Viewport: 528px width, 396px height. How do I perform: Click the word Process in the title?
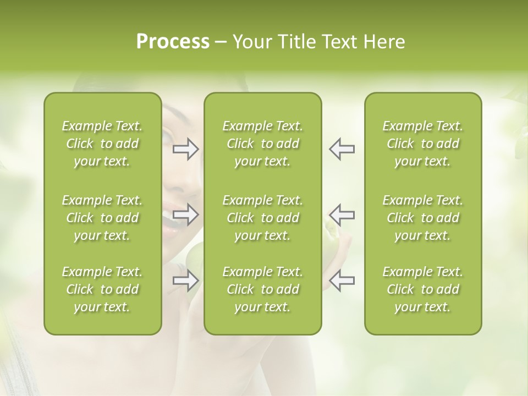(x=173, y=42)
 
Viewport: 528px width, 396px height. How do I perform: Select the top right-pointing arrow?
(x=185, y=149)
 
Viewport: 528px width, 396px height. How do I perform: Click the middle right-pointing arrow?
(x=185, y=215)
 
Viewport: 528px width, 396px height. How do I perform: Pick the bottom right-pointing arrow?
(x=185, y=281)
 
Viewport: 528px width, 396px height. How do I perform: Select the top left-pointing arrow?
(x=342, y=149)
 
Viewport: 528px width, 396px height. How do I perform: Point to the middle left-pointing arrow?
(x=342, y=215)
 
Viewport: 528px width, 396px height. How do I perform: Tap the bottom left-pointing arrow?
(x=342, y=281)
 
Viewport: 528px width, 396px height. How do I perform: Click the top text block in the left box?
(x=102, y=144)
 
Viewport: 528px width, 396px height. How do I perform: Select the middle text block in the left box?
(x=102, y=218)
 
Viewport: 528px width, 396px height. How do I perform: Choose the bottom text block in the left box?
(x=102, y=289)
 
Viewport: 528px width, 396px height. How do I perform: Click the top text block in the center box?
(x=262, y=144)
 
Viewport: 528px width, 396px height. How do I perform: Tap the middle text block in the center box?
(x=262, y=218)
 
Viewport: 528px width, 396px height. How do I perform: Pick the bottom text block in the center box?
(x=262, y=289)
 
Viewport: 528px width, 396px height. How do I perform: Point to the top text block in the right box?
(x=422, y=144)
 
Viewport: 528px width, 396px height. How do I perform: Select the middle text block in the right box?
(x=422, y=218)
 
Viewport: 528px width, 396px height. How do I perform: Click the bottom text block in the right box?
(x=422, y=289)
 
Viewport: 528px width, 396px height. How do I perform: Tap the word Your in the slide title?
(x=251, y=42)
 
